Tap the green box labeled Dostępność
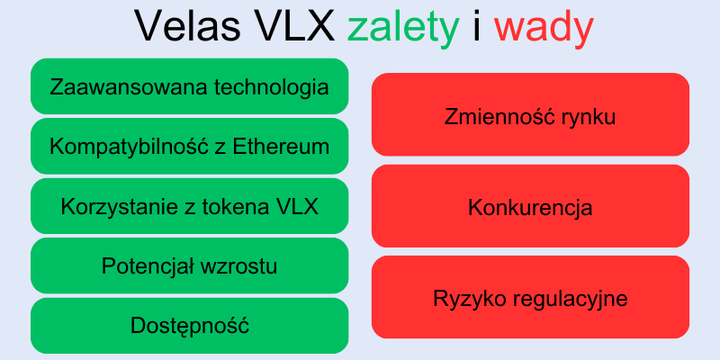(x=190, y=326)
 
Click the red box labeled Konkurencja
(x=530, y=207)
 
